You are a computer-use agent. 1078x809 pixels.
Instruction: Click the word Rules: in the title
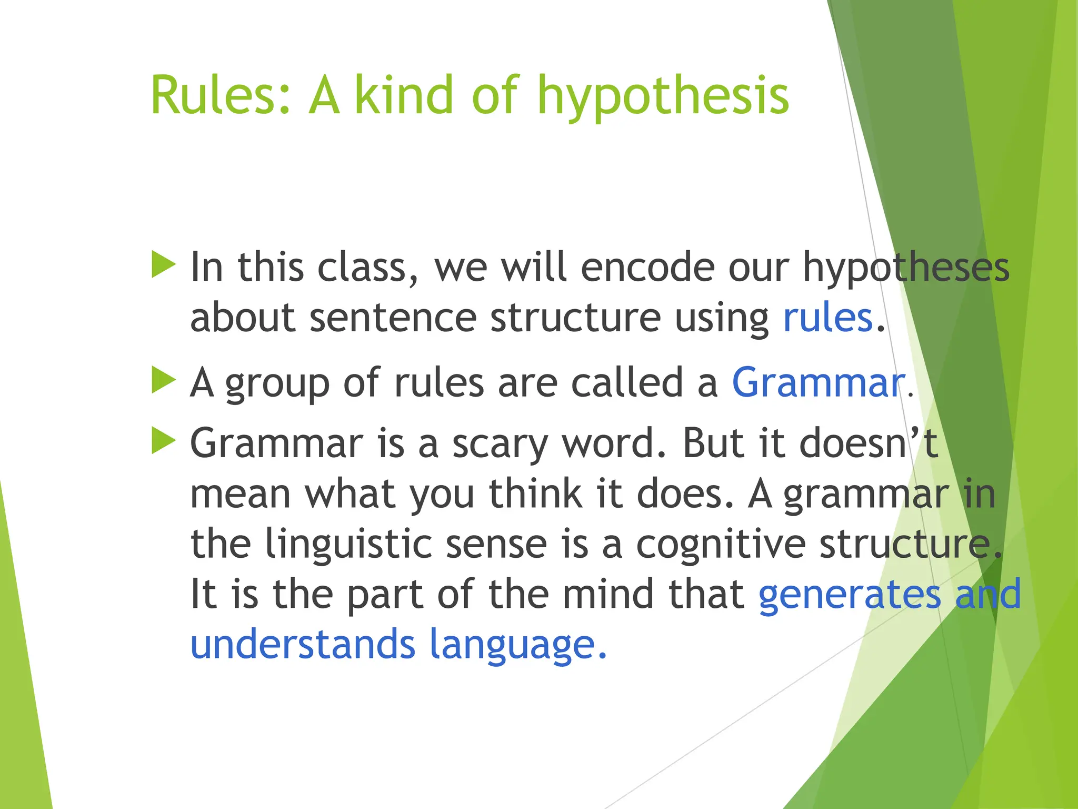(x=220, y=95)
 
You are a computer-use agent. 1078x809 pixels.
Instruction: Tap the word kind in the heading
(x=403, y=95)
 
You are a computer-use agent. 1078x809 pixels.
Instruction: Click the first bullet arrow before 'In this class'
(x=163, y=264)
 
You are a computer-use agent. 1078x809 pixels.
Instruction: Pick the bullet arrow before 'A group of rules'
(x=163, y=380)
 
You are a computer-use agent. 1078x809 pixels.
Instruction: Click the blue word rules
(x=828, y=318)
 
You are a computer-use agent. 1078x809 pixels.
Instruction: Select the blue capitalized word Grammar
(x=818, y=383)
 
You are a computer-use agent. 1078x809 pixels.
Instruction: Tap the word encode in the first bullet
(x=647, y=268)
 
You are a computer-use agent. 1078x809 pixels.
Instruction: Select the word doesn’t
(x=868, y=443)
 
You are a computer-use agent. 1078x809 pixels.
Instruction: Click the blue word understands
(x=303, y=644)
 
